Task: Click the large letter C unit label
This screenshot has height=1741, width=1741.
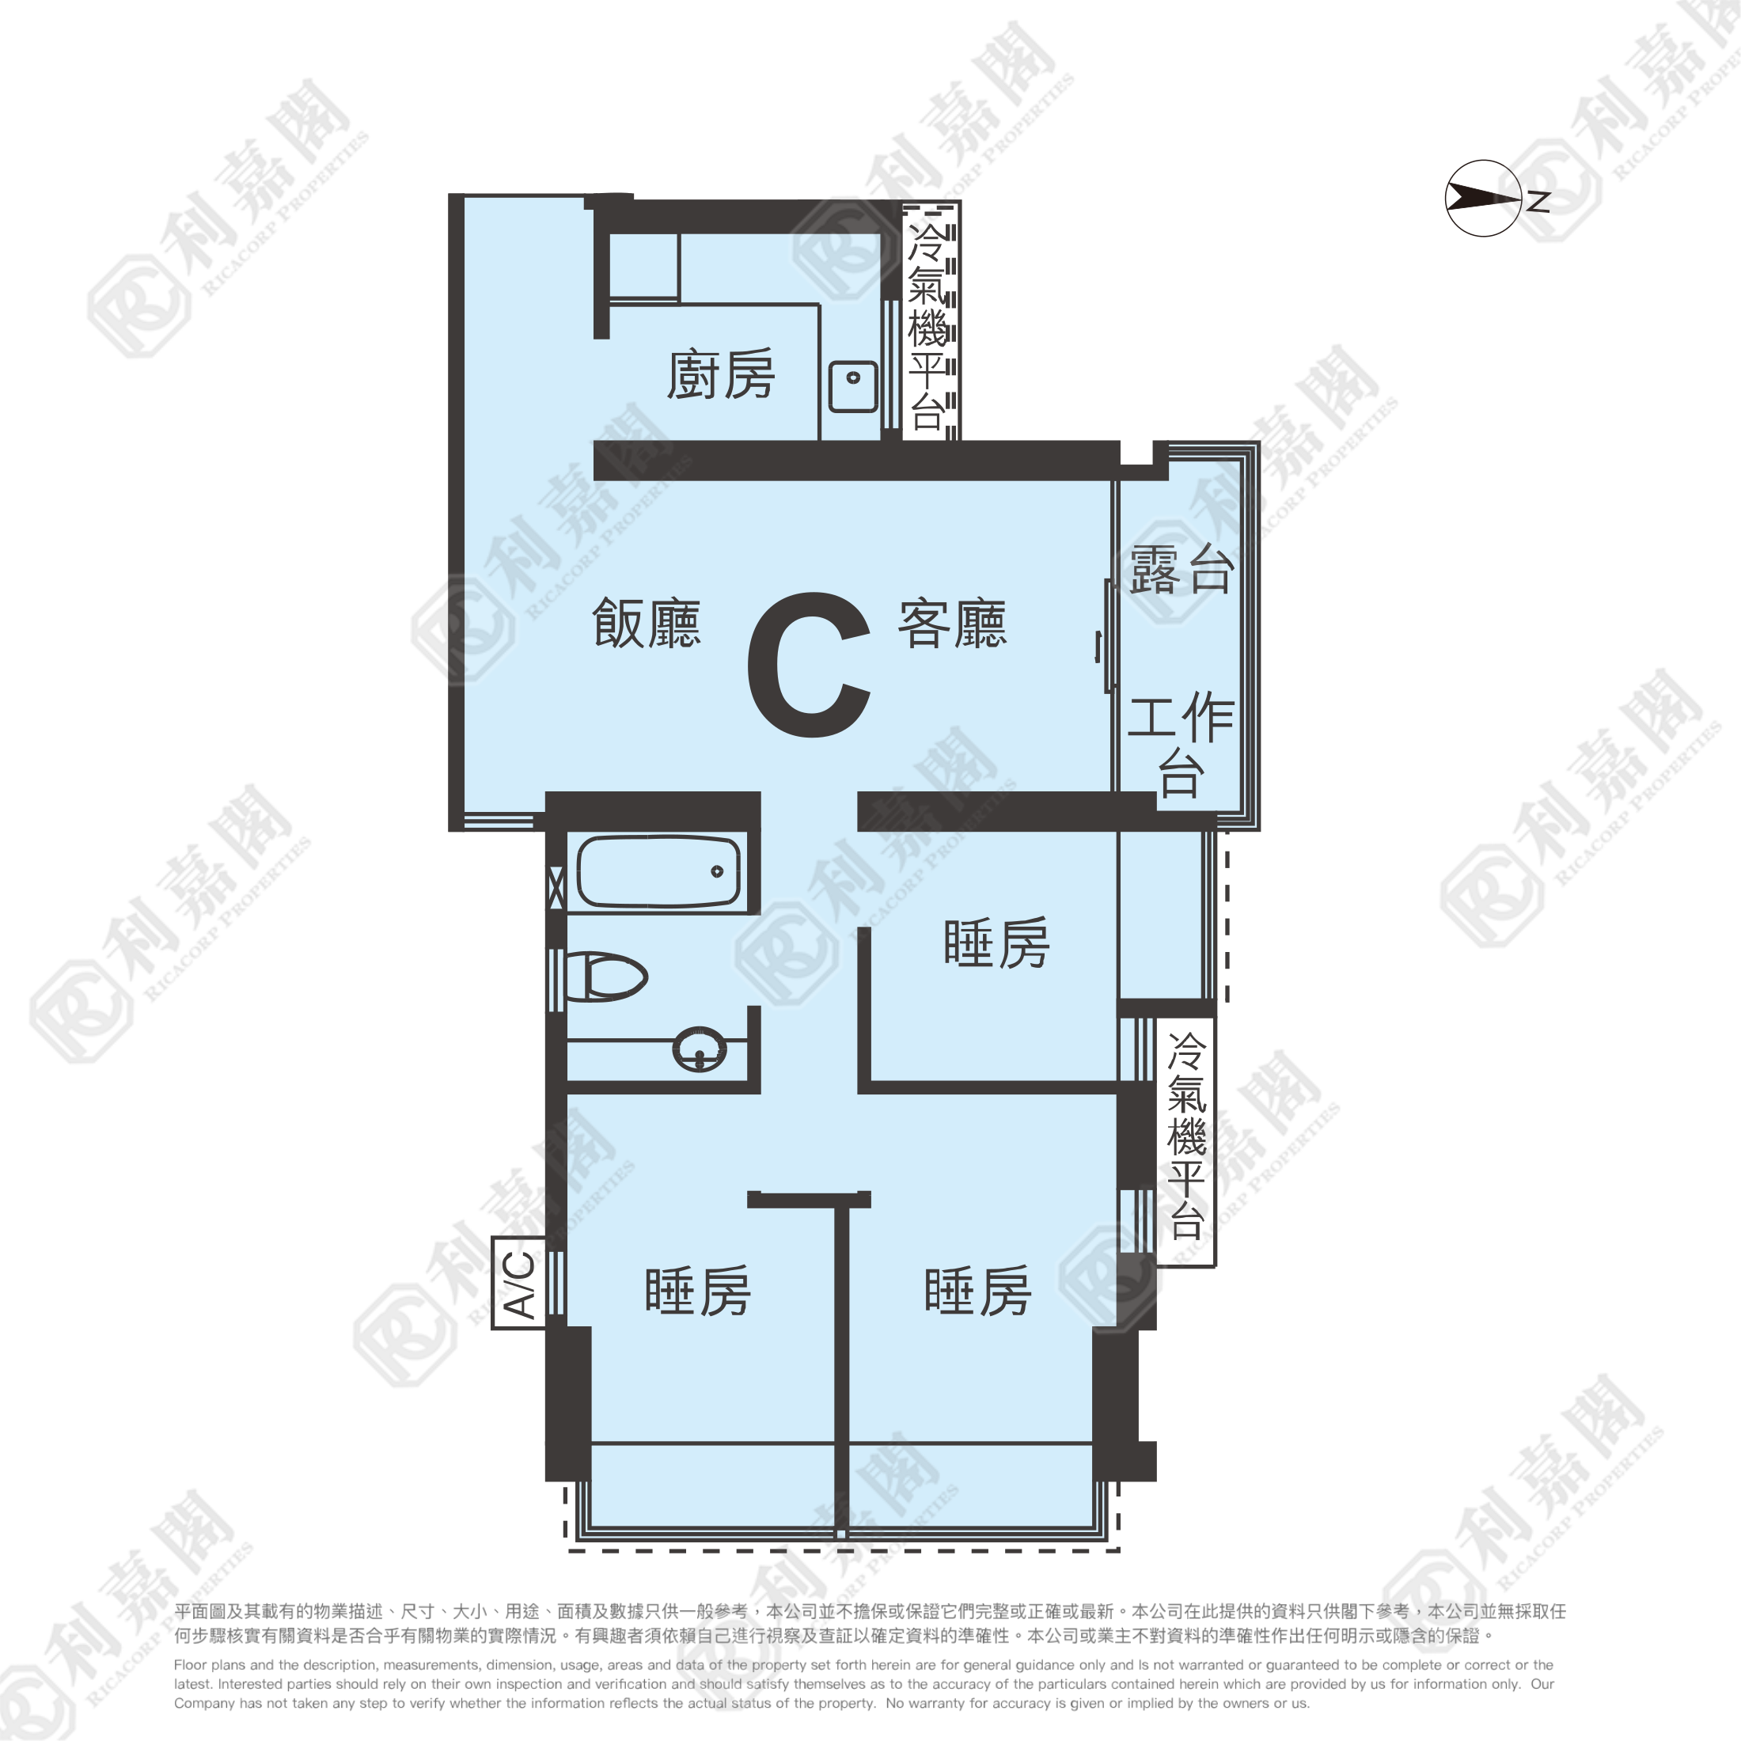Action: pos(808,664)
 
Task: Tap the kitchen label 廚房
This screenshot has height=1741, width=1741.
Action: pos(720,374)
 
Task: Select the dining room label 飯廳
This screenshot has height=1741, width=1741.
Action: pos(646,623)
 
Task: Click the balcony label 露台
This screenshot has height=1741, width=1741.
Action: pos(1182,569)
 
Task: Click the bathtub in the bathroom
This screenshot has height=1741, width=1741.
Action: pos(658,871)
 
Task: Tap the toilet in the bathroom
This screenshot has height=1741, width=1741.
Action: pos(605,977)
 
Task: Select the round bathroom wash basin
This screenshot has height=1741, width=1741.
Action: pos(700,1048)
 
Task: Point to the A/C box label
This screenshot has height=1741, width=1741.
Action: pos(519,1284)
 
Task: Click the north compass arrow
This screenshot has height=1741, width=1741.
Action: pos(1483,199)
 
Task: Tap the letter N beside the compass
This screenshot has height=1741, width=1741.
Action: pos(1538,201)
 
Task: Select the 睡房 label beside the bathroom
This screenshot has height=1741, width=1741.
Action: pos(996,943)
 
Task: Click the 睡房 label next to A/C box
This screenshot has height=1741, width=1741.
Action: pos(697,1291)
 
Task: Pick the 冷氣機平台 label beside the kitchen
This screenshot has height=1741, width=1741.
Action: pos(927,325)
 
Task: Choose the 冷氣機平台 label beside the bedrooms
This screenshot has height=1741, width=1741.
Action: pos(1187,1136)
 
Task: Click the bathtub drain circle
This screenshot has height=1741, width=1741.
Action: pos(717,871)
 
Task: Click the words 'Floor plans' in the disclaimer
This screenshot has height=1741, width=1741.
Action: pos(207,1664)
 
